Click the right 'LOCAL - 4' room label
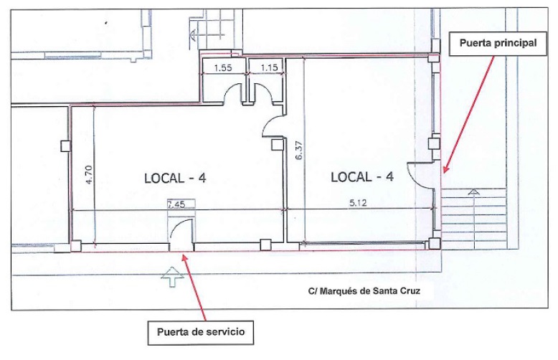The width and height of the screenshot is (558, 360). (x=362, y=176)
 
